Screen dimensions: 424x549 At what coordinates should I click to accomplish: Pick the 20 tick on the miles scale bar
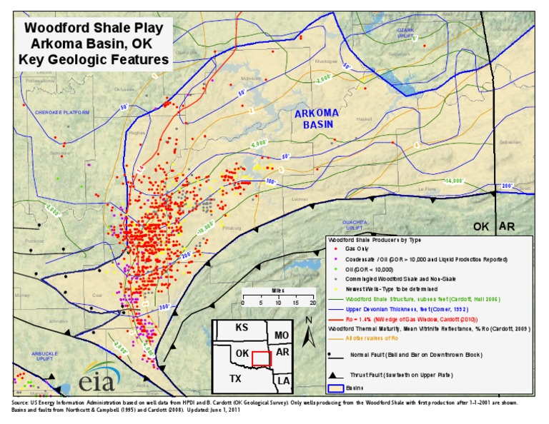coord(312,303)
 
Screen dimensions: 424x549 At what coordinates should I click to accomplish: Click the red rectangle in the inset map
coord(262,358)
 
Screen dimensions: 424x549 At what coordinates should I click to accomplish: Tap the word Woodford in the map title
coord(58,29)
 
